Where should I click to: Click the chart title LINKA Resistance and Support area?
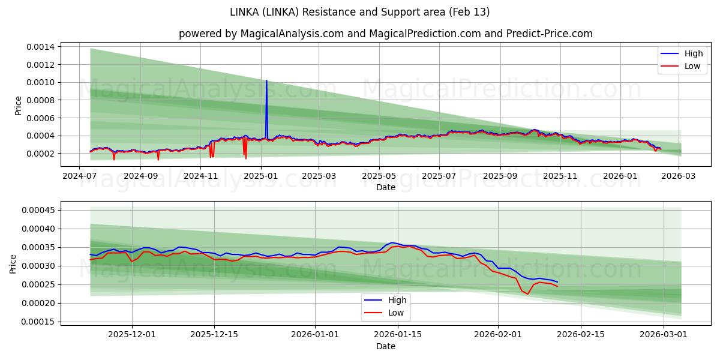point(360,12)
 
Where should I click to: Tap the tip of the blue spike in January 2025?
point(266,80)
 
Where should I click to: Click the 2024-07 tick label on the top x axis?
point(80,176)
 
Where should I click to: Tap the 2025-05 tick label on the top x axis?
point(379,176)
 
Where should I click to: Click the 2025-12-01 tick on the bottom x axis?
point(131,335)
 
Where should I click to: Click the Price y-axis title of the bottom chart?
point(13,263)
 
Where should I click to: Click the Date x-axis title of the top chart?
point(385,188)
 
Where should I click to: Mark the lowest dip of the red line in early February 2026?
point(528,294)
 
